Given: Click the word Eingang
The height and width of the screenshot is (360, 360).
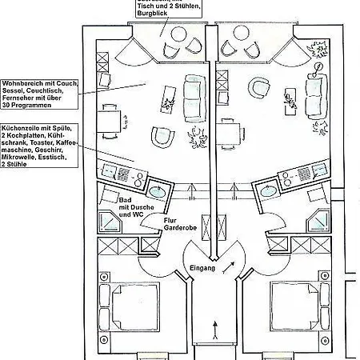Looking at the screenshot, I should (202, 268).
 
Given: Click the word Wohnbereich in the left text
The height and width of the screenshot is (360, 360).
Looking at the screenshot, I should (22, 83).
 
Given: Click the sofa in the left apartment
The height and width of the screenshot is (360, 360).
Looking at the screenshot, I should (193, 96).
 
